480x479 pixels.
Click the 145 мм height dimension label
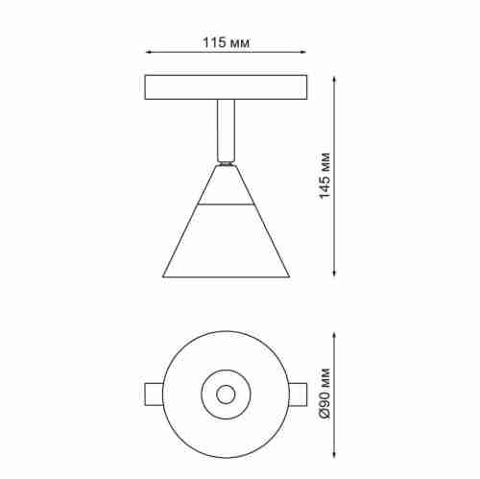click(325, 174)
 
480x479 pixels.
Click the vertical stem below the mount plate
click(226, 130)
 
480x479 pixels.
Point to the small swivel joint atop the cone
click(226, 163)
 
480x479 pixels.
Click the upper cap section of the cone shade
click(226, 187)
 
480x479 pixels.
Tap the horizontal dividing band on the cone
click(226, 205)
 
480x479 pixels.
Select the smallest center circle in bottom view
click(226, 394)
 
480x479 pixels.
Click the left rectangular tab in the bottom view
click(155, 394)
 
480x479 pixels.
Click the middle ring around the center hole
click(226, 378)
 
